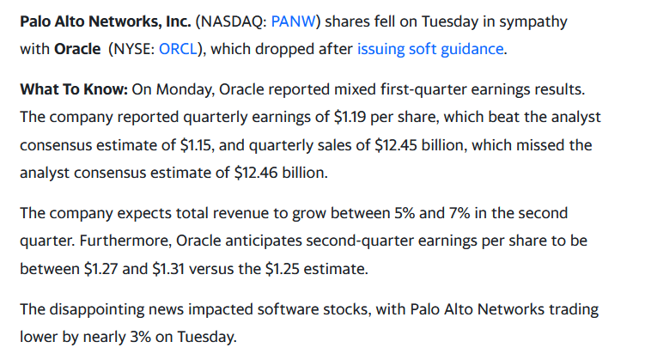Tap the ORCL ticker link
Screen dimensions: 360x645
(x=177, y=49)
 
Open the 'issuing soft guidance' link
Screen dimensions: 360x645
(x=430, y=49)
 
